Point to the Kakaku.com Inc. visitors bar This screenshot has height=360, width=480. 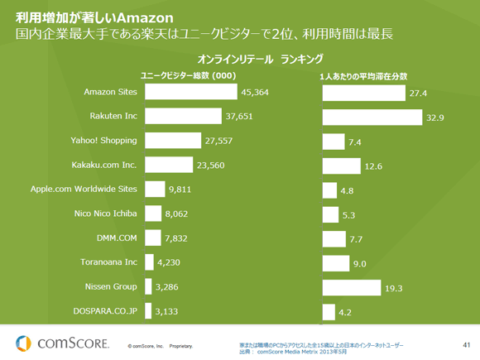(x=168, y=165)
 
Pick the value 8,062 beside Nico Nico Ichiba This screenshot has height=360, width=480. (x=179, y=214)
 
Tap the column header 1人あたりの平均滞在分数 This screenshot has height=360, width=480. (x=363, y=75)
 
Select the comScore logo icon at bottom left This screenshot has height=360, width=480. (x=22, y=341)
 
